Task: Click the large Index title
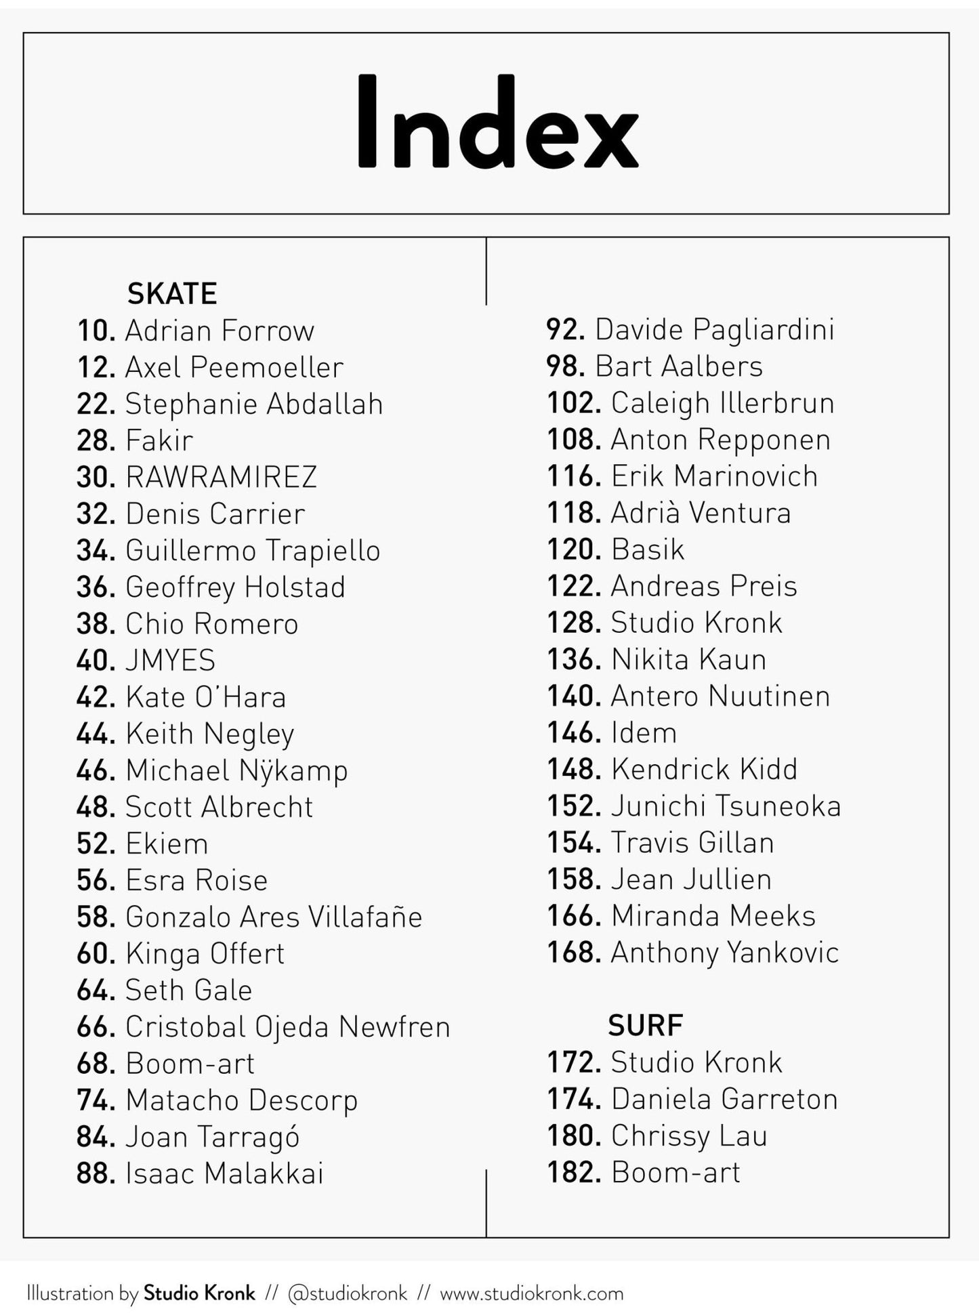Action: tap(497, 123)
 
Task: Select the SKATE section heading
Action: tap(172, 293)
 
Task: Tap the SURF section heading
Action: tap(645, 1025)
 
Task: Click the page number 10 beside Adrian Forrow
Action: tap(96, 331)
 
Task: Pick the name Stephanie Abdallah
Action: tap(254, 404)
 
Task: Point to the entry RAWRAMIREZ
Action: tap(221, 477)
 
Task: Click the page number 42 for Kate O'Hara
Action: tap(96, 697)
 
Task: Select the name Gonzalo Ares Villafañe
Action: tap(274, 917)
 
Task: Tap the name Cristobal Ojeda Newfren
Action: tap(287, 1026)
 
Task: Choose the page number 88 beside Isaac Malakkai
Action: tap(96, 1173)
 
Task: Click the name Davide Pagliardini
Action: tap(714, 329)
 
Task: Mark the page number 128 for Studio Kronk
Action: tap(573, 623)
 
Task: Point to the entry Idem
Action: tap(644, 733)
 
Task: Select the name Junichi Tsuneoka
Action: tap(726, 806)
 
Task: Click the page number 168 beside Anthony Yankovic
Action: tap(573, 953)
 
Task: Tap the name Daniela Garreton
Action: tap(724, 1099)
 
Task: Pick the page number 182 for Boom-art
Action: tap(573, 1173)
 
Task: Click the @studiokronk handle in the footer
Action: tap(347, 1293)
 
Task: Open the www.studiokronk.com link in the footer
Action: tap(531, 1293)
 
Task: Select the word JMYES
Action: tap(170, 661)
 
